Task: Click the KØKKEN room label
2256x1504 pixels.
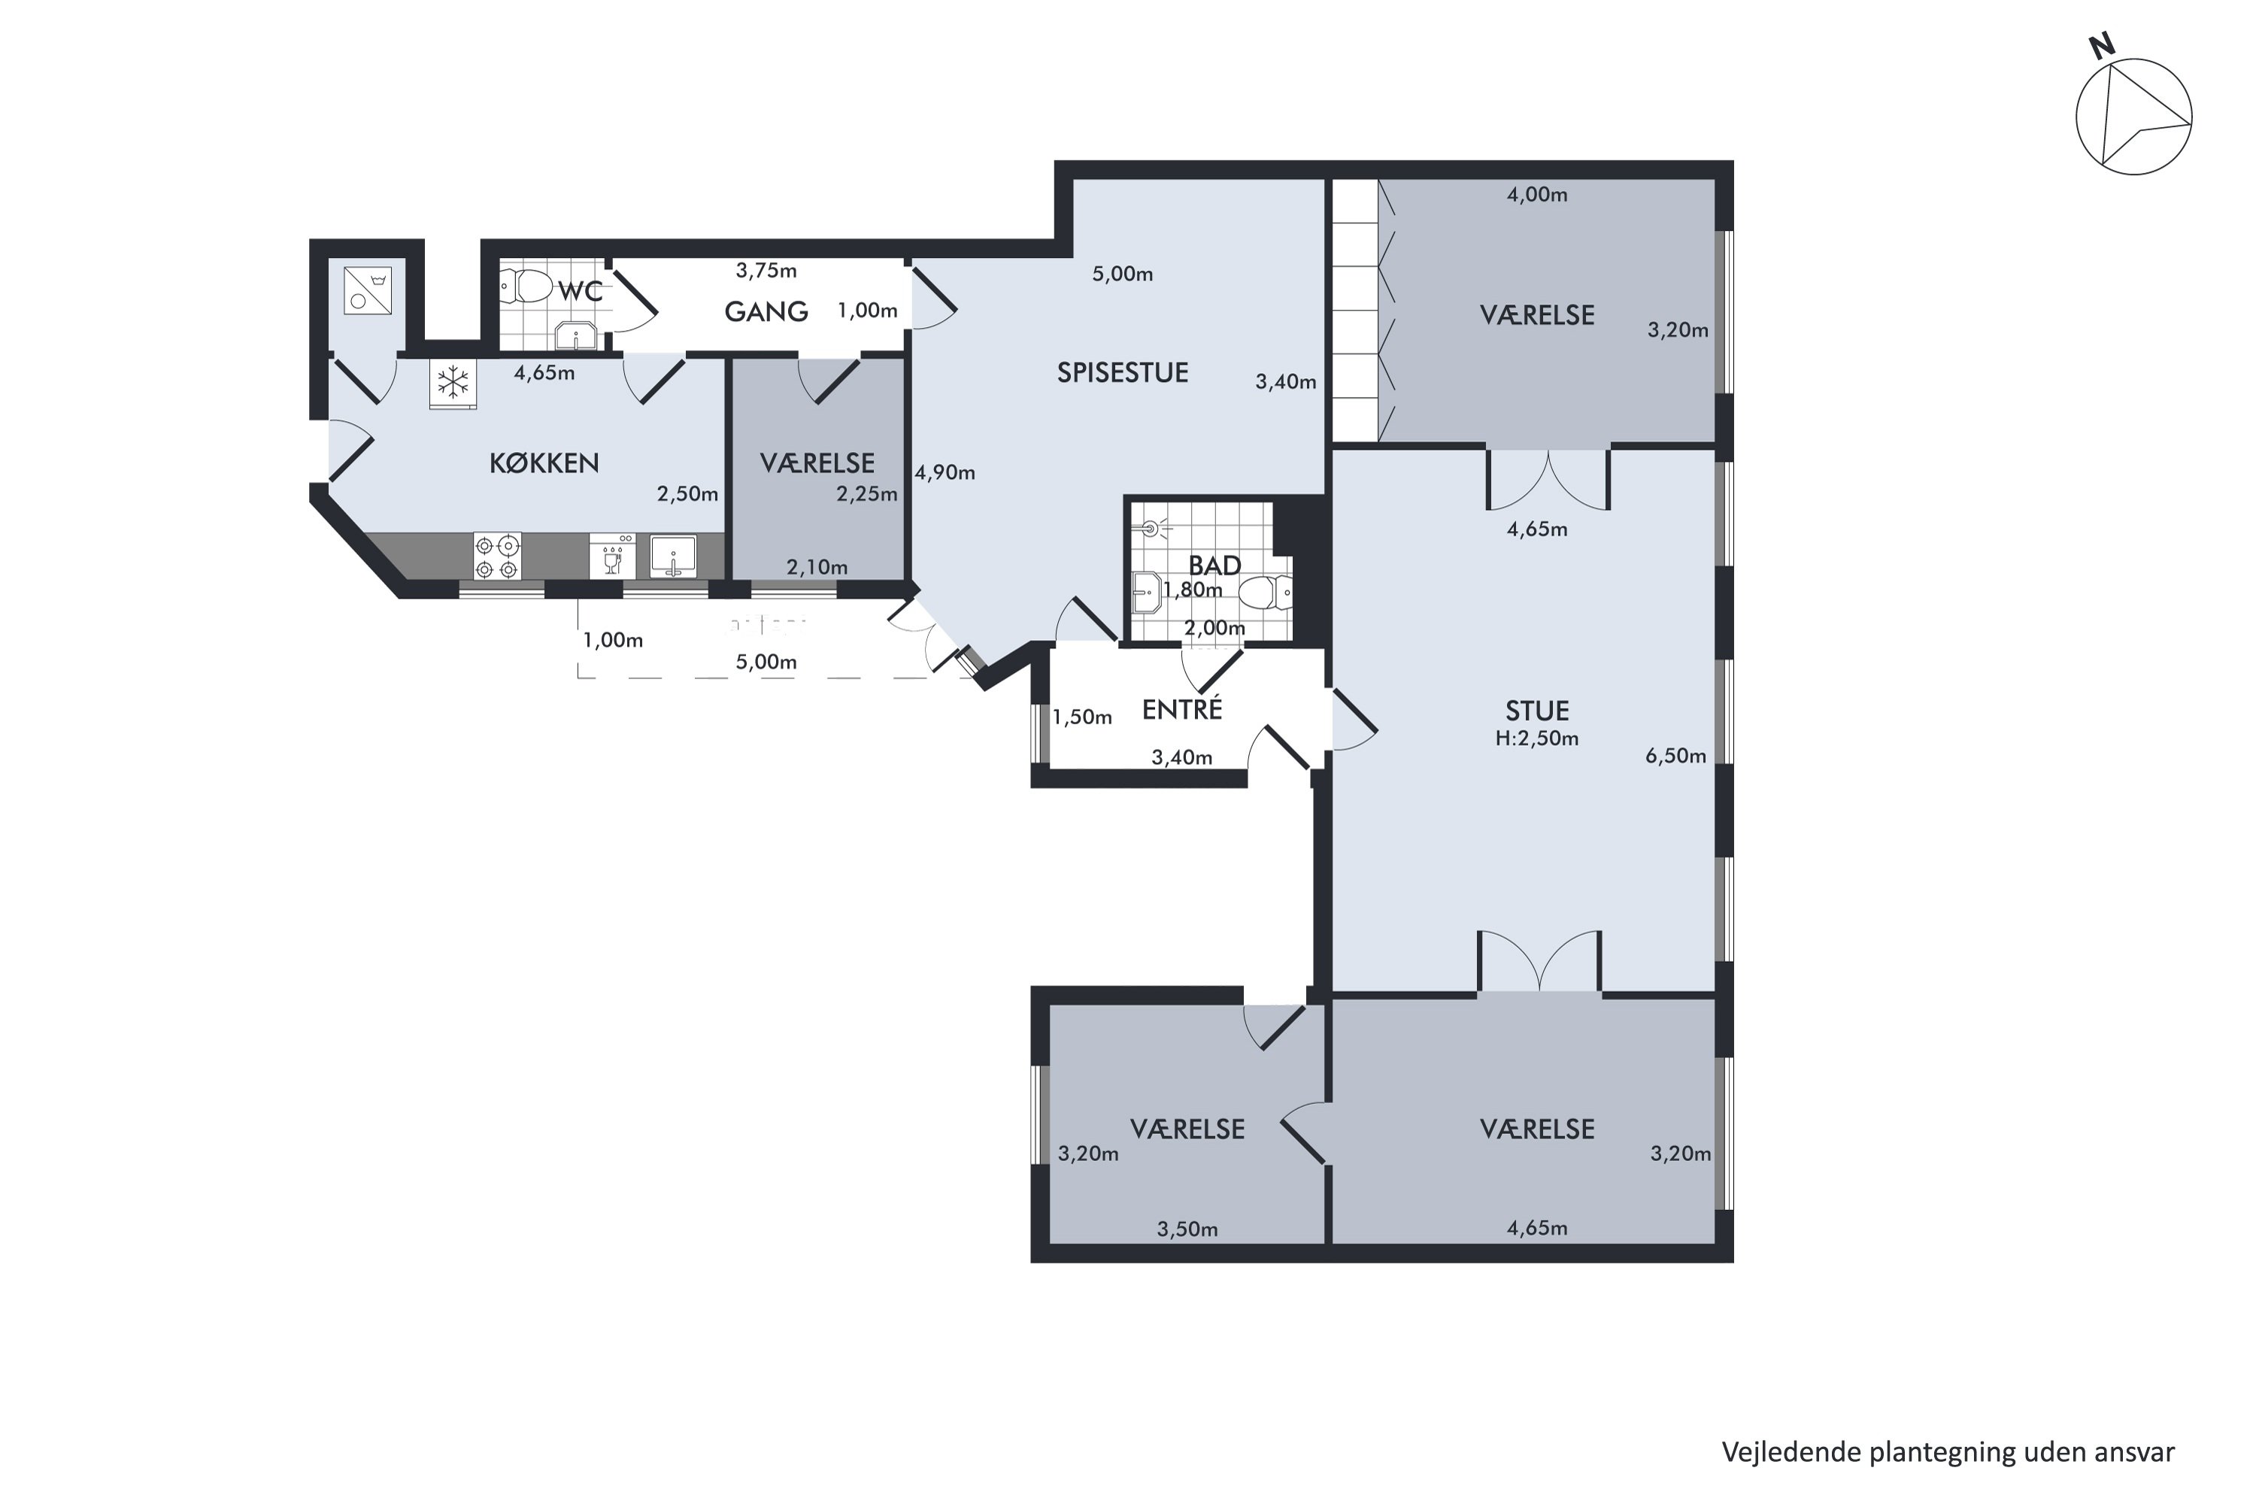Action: click(x=544, y=463)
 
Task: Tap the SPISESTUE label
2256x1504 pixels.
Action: click(x=1122, y=372)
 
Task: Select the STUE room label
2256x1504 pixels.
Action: click(x=1536, y=711)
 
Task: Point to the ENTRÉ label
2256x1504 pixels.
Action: click(x=1181, y=709)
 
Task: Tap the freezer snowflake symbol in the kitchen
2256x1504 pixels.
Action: click(x=453, y=382)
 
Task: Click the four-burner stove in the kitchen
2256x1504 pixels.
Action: click(x=498, y=556)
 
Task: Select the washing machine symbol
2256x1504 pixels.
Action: click(x=368, y=290)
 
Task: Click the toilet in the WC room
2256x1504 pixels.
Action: click(x=526, y=285)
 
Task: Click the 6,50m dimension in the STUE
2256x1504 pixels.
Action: click(x=1675, y=756)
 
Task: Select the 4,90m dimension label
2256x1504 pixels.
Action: click(x=945, y=473)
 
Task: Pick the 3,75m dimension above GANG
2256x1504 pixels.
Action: click(x=766, y=271)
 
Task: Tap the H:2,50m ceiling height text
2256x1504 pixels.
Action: click(x=1536, y=738)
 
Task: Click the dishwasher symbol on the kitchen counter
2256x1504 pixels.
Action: click(x=613, y=556)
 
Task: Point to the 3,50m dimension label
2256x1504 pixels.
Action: click(x=1187, y=1230)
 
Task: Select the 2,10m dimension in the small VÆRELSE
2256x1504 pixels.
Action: click(x=817, y=568)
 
